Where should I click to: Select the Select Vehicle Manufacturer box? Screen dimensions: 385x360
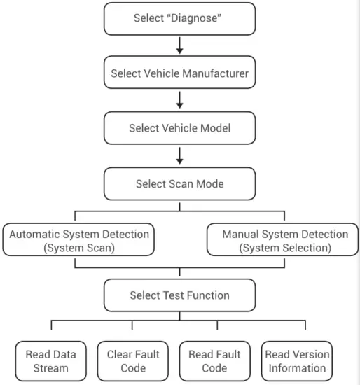click(x=180, y=73)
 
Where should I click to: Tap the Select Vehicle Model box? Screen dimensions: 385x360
click(x=180, y=128)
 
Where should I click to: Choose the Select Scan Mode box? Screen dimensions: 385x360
click(x=180, y=184)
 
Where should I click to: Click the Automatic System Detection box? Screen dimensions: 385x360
click(x=78, y=240)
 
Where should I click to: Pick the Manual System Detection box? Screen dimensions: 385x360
click(x=284, y=240)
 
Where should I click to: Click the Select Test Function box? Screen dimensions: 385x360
click(x=180, y=295)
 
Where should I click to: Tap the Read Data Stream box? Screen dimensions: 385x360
click(x=51, y=360)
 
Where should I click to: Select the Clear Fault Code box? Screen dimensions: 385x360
click(x=133, y=360)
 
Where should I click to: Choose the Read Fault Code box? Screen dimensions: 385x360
click(x=214, y=360)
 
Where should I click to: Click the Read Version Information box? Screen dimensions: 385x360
click(x=297, y=360)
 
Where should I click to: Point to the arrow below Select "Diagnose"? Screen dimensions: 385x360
click(x=180, y=45)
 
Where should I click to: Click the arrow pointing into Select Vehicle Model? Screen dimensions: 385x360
click(x=180, y=101)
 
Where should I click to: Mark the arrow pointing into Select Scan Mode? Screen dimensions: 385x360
click(x=180, y=156)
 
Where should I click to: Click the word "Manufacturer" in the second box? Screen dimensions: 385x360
click(x=214, y=73)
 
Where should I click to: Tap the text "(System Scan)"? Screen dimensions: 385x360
click(x=78, y=247)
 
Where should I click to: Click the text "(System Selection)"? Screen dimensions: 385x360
click(x=284, y=247)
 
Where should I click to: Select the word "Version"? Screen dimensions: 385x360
click(x=311, y=354)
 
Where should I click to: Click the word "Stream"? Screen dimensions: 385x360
click(x=51, y=367)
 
